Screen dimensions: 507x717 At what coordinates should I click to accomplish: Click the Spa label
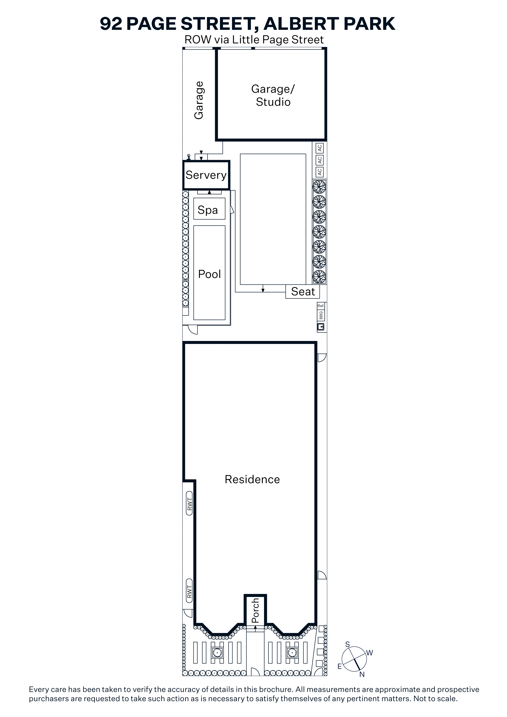point(208,210)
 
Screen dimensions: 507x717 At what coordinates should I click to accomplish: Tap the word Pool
point(209,274)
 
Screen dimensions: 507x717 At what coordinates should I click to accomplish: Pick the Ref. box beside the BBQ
point(321,306)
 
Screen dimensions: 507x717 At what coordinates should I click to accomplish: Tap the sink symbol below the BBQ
point(321,327)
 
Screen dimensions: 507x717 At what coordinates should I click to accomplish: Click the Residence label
point(252,479)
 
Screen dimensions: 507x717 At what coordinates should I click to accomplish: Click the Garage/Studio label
point(273,96)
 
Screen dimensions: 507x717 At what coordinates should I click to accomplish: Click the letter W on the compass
point(370,653)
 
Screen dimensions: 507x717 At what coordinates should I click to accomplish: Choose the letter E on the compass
point(340,667)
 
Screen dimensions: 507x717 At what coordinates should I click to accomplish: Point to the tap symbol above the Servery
point(188,157)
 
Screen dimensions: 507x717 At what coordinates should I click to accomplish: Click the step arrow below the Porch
point(255,629)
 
